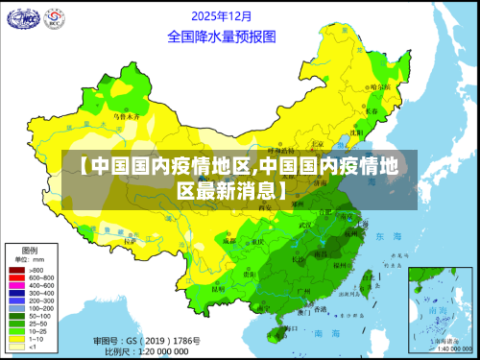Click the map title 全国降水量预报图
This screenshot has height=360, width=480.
(x=221, y=36)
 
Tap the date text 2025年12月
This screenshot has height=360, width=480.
(x=222, y=15)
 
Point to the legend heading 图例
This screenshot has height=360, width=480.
(x=29, y=249)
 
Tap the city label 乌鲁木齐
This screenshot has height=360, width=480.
(x=127, y=116)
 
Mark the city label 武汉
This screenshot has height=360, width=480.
(x=306, y=225)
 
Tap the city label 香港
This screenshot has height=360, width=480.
(x=320, y=309)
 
